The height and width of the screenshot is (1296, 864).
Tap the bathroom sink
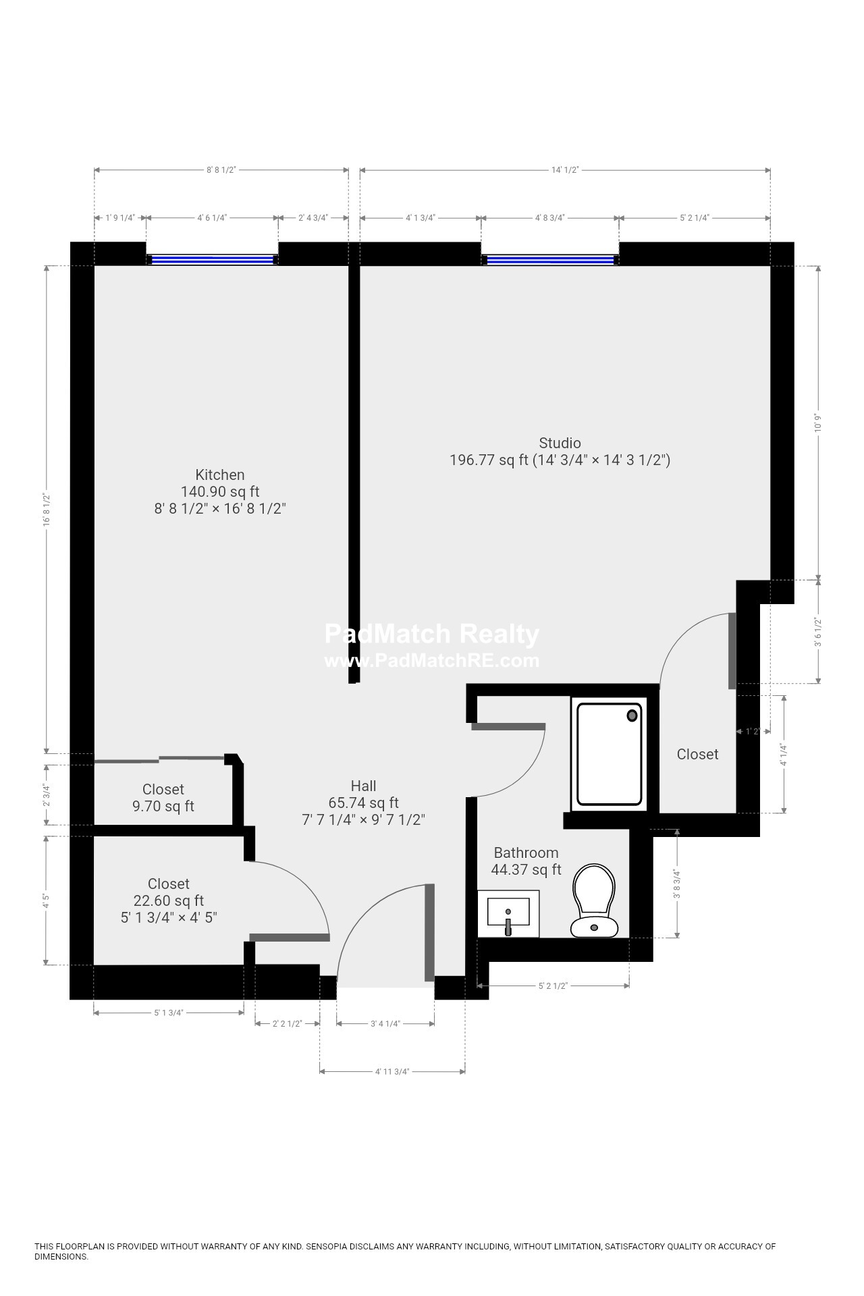508,913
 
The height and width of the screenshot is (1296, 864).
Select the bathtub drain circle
632,715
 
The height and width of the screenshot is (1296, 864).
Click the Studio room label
560,443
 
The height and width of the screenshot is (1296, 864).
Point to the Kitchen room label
220,475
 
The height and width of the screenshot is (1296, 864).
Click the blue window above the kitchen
212,259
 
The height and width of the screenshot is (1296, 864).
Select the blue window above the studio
550,259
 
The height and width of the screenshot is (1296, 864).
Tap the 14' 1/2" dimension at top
565,170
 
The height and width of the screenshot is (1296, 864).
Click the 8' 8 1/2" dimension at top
221,170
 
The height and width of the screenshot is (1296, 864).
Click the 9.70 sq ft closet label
163,806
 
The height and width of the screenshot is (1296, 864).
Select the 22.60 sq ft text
169,900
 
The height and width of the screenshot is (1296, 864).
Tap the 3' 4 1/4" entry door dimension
385,1024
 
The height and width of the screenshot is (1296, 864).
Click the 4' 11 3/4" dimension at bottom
392,1071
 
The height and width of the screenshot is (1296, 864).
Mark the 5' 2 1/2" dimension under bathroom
553,986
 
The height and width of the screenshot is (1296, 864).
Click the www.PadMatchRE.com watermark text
432,660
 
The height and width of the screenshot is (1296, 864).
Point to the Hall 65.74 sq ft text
364,803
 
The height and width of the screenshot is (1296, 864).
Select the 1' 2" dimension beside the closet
753,731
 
